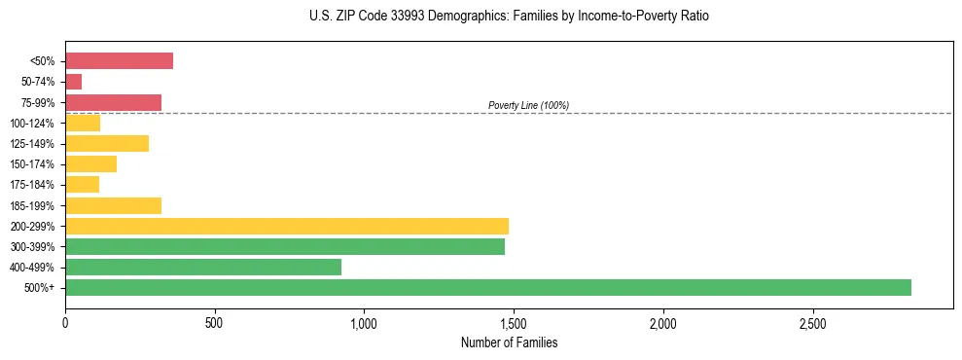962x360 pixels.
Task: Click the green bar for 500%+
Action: pyautogui.click(x=487, y=287)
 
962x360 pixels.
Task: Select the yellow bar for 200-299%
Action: pyautogui.click(x=286, y=226)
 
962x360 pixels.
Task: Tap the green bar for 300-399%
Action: pyautogui.click(x=284, y=246)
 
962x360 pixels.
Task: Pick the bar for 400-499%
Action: pyautogui.click(x=202, y=267)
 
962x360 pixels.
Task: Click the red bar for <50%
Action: pyautogui.click(x=119, y=60)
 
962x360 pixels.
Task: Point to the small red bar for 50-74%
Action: pyautogui.click(x=73, y=82)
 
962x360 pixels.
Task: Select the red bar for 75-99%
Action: pyautogui.click(x=113, y=102)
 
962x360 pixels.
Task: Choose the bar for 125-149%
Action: pyautogui.click(x=106, y=143)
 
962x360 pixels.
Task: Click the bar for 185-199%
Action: pyautogui.click(x=113, y=205)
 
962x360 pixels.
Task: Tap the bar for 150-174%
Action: pyautogui.click(x=90, y=163)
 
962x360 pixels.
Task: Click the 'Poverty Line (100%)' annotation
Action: pyautogui.click(x=528, y=105)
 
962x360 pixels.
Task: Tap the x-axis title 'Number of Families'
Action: pyautogui.click(x=509, y=342)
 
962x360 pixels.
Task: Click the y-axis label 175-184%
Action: pyautogui.click(x=33, y=185)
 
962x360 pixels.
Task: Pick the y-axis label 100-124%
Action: pyautogui.click(x=33, y=123)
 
